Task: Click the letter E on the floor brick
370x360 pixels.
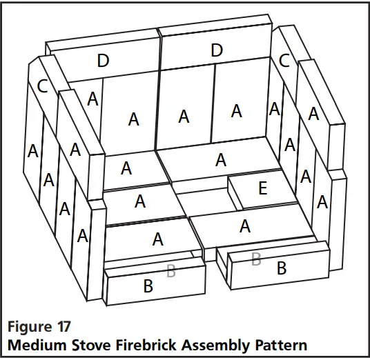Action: click(262, 188)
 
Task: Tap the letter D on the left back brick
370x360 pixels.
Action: click(103, 61)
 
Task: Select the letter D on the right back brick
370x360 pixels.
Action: click(217, 50)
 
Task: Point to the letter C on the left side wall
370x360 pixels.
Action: click(42, 86)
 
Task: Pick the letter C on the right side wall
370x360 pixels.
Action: click(284, 60)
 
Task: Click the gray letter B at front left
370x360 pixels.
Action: click(171, 272)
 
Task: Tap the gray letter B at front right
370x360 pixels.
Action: click(256, 259)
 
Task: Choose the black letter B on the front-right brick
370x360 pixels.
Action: click(281, 268)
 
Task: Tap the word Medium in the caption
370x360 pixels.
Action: click(35, 343)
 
